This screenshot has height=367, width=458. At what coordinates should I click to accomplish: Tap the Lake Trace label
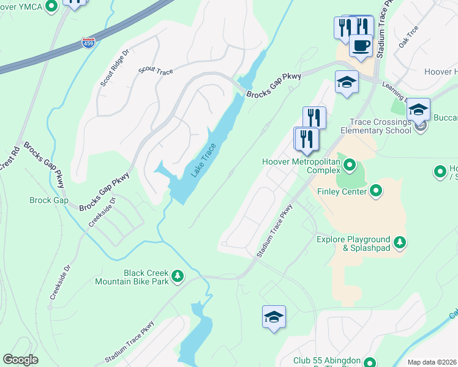[203, 160]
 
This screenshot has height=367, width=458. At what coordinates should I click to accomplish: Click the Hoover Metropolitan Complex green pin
[350, 165]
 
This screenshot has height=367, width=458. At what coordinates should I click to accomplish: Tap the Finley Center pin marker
[377, 191]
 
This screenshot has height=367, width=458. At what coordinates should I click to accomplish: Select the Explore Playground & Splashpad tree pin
[400, 243]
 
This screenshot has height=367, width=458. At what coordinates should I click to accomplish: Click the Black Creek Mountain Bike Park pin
[178, 276]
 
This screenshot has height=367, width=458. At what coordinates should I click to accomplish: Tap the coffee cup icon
[361, 45]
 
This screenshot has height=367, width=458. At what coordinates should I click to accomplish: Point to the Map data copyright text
[432, 362]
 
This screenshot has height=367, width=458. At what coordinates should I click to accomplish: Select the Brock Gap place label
[48, 200]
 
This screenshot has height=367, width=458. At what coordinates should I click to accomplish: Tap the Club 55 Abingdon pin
[369, 361]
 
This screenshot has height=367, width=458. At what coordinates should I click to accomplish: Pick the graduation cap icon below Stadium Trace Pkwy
[274, 317]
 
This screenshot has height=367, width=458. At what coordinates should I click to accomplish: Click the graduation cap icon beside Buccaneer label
[418, 109]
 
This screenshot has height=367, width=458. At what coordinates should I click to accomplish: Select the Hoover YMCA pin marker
[51, 6]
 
